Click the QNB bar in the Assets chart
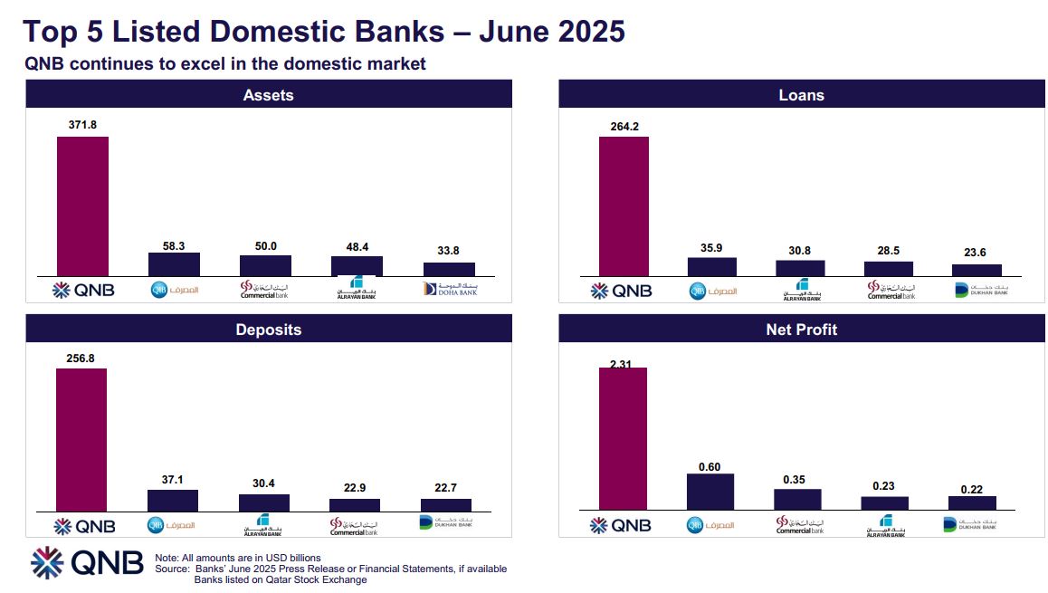[x=82, y=206]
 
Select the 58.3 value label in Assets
[x=174, y=245]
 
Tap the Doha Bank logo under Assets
[x=449, y=289]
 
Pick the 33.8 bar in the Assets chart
[x=449, y=269]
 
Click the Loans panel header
[x=801, y=94]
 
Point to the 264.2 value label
[x=624, y=127]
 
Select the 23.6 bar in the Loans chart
[x=977, y=270]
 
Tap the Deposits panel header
[x=268, y=329]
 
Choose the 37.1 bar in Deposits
[x=173, y=501]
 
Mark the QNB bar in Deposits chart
[x=81, y=440]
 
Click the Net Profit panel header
[x=801, y=329]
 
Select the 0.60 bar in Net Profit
[x=710, y=492]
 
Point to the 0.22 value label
[x=972, y=488]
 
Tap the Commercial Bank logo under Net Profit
[x=800, y=525]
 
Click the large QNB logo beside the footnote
[x=87, y=562]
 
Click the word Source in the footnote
[x=172, y=569]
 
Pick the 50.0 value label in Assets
[x=265, y=246]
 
